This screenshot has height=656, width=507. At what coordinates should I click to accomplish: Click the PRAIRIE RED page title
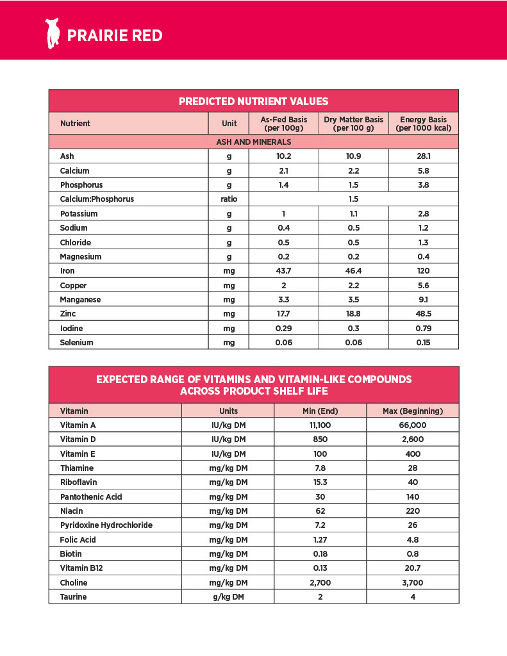115,35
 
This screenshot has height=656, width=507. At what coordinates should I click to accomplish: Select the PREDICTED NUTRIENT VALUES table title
253,101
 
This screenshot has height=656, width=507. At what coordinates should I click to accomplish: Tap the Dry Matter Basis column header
353,124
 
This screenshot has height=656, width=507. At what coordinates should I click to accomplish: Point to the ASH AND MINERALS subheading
253,142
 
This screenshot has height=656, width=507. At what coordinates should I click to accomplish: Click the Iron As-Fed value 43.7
283,271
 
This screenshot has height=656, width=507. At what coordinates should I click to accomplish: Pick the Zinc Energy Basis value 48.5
423,314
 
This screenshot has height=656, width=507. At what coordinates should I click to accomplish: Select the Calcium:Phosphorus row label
97,199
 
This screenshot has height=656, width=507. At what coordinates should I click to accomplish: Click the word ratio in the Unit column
228,199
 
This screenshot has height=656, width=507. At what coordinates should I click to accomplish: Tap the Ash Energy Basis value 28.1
423,156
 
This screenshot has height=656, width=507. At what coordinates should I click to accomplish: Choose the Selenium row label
76,343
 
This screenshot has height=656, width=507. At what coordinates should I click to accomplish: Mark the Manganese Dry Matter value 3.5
353,300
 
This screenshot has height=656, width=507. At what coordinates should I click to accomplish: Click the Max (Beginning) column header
412,411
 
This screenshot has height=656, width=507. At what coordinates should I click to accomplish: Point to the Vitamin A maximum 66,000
412,425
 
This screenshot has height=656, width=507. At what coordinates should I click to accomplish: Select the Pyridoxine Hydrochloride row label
106,525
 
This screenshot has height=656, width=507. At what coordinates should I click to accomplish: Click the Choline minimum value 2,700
320,582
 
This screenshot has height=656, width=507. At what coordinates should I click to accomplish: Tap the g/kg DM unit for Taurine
228,597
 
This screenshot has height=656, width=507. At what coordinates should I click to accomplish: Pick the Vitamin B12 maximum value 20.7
412,568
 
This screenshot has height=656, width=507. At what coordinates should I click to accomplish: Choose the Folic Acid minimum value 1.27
320,539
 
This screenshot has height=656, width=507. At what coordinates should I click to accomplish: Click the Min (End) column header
320,411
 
